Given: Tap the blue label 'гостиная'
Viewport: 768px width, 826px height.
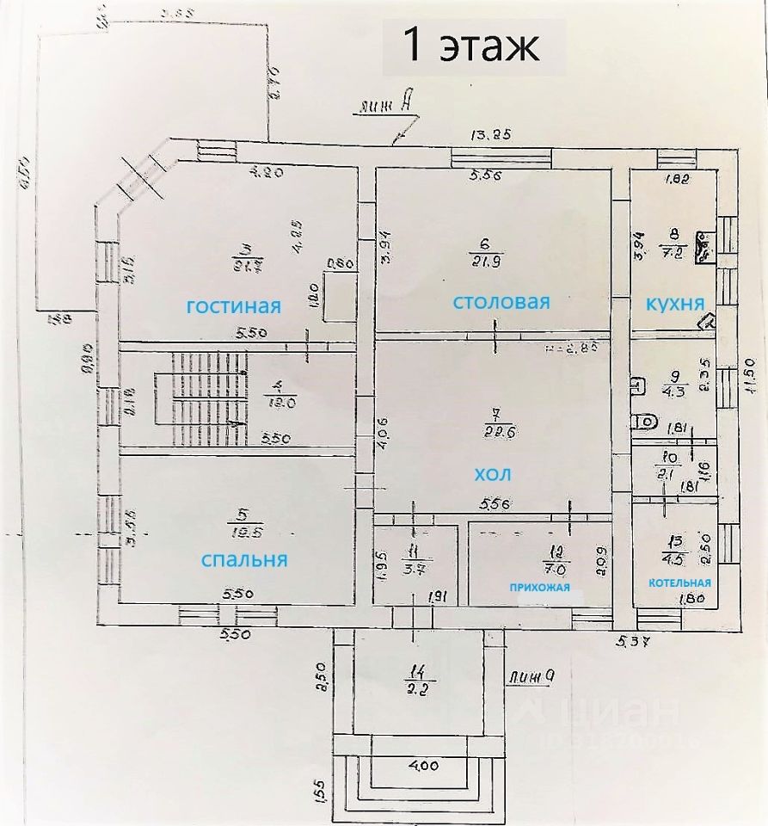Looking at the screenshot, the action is [x=235, y=305].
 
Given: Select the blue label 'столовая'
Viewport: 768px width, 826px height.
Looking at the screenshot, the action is [x=501, y=302].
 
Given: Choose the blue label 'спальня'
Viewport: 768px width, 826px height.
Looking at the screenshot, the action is [x=243, y=559].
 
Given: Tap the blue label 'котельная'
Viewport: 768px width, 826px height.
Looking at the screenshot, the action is [x=679, y=583].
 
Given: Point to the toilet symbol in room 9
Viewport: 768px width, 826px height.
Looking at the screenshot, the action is [x=645, y=422].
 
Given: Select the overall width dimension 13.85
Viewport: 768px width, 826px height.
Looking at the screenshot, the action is [x=490, y=134].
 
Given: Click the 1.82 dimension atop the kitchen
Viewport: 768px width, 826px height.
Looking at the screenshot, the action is [x=679, y=180].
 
